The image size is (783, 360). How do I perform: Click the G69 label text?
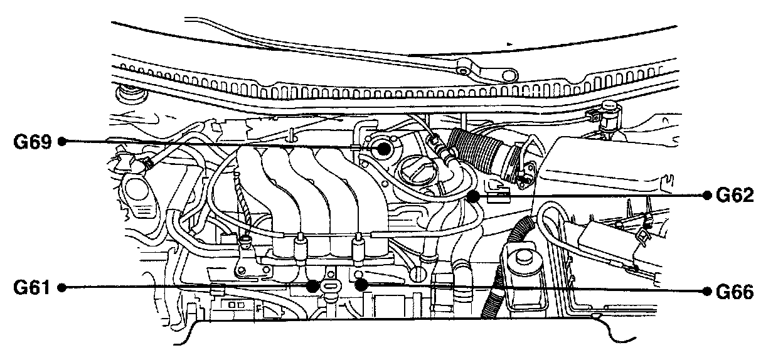[x=32, y=142]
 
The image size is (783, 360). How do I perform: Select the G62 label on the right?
[x=733, y=196]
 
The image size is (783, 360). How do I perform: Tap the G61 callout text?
[x=32, y=288]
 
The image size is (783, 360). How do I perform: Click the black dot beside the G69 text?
[x=62, y=142]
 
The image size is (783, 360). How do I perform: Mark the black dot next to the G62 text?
[x=705, y=196]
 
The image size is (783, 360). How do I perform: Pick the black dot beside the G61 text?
[x=62, y=288]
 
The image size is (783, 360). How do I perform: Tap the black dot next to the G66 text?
[x=705, y=292]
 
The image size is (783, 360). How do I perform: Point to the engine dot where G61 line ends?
[x=312, y=286]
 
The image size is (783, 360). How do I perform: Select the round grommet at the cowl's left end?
[x=131, y=96]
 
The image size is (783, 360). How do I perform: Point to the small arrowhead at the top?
[x=509, y=43]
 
